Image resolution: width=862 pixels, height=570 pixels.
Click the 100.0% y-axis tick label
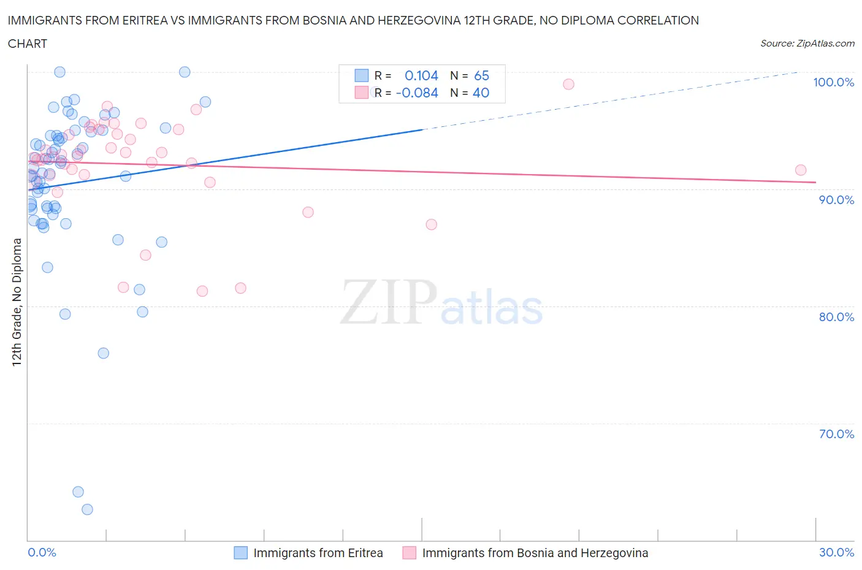833,82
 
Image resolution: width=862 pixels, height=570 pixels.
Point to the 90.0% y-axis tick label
836,200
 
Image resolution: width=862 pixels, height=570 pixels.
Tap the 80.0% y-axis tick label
836,317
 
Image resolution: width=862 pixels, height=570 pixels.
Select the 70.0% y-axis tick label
836,434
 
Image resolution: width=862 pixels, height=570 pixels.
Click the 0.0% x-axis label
42,552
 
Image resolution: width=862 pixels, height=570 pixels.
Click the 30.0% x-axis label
836,552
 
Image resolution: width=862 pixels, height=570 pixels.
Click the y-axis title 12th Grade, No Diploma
17,302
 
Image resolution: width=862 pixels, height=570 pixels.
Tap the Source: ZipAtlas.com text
807,43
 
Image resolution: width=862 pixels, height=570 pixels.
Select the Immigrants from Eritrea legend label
318,553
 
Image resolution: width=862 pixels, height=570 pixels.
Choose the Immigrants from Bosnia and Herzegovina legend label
535,553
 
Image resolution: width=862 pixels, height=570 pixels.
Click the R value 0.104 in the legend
421,75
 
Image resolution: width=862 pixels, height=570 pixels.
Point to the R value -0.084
417,93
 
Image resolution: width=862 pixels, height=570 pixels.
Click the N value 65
481,75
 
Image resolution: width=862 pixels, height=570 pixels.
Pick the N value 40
481,93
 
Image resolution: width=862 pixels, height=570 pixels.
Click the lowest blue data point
87,509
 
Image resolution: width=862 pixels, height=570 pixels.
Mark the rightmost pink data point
800,170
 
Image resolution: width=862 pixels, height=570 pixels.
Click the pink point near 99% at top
568,84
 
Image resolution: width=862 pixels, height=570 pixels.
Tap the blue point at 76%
103,353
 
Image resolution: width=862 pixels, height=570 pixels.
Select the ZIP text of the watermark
387,302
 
